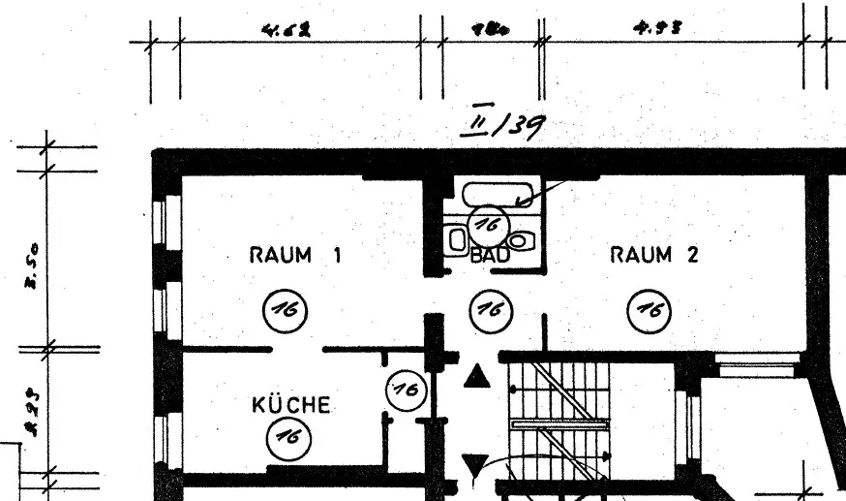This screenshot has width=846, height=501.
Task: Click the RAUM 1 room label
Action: pos(296,256)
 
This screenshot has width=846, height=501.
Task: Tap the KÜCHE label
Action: pos(290,405)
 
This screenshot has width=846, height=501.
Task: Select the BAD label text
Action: pos(490,257)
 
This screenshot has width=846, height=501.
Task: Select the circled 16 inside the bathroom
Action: pos(487,225)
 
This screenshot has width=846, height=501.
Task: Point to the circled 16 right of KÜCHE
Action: pos(406,391)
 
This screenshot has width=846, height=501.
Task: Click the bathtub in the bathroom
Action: pos(496,194)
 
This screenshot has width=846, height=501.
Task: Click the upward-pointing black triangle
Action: pos(475,376)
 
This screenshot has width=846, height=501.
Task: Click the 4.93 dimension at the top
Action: pos(657,29)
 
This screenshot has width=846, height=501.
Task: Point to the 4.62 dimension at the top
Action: pos(286,30)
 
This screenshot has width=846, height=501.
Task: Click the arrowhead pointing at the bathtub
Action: pos(523,202)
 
